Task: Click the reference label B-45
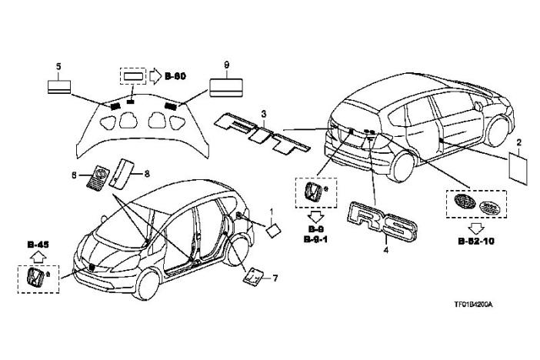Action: tap(38, 247)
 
